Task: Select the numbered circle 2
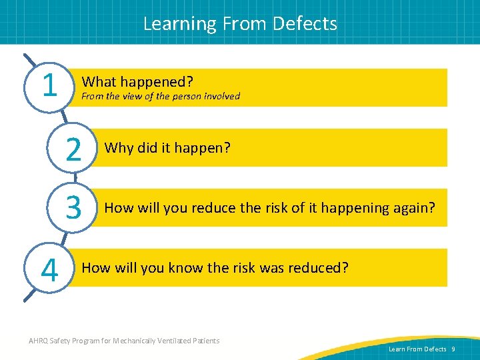(73, 147)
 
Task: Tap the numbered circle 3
(73, 207)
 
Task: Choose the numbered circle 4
(48, 269)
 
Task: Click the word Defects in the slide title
(305, 23)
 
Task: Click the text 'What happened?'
(137, 82)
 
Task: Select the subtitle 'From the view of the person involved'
(160, 96)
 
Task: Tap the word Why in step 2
(119, 147)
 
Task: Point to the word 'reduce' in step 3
(214, 208)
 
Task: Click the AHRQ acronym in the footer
(40, 341)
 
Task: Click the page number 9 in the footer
(453, 349)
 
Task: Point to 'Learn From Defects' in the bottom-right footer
(417, 349)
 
